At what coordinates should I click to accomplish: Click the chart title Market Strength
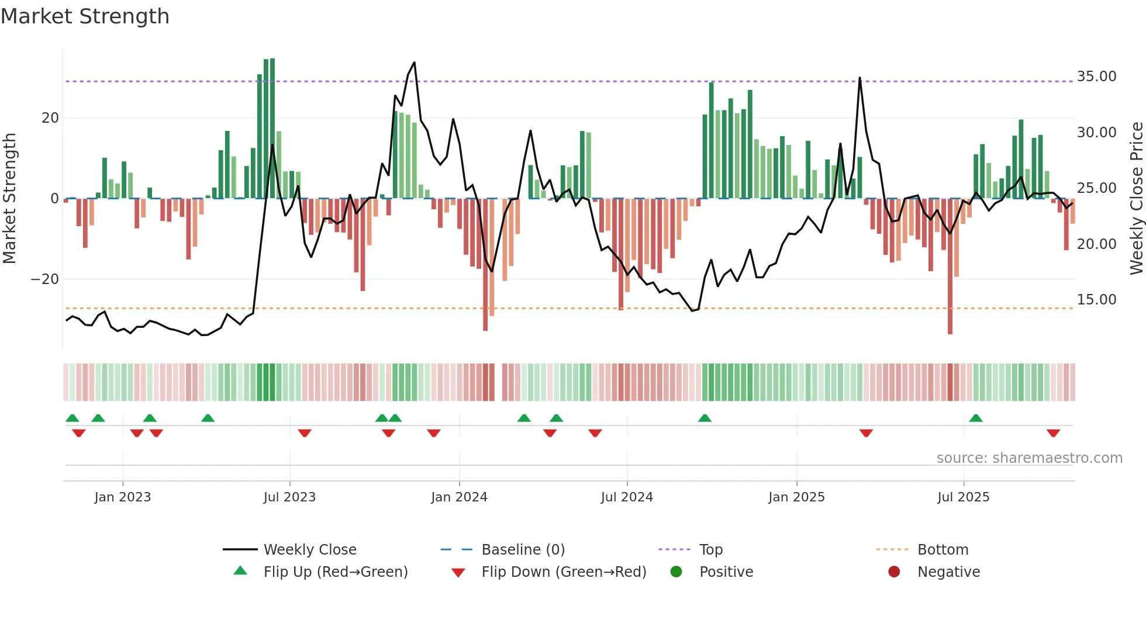(x=85, y=16)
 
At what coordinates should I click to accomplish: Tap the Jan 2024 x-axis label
(x=459, y=497)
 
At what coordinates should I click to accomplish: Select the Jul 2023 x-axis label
(x=289, y=497)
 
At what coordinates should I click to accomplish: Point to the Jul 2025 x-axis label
(x=963, y=497)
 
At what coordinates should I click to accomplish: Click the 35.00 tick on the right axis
(x=1096, y=77)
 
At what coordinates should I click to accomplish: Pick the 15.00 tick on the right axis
(x=1096, y=300)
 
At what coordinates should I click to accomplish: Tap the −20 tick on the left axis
(x=45, y=279)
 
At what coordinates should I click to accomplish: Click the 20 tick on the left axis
(x=50, y=118)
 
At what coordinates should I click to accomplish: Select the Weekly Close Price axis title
(x=1136, y=199)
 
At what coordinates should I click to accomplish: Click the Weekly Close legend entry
(x=310, y=550)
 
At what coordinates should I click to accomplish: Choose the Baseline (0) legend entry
(x=523, y=550)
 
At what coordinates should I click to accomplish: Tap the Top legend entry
(x=711, y=550)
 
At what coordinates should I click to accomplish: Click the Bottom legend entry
(x=943, y=550)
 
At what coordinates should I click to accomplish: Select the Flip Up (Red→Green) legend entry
(x=335, y=572)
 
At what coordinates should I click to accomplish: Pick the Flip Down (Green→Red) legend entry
(x=564, y=572)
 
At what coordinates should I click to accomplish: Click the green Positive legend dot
(x=676, y=572)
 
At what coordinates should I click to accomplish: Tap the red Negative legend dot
(x=894, y=572)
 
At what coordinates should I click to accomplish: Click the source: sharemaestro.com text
(x=1029, y=458)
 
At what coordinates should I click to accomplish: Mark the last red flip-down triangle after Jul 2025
(x=1053, y=433)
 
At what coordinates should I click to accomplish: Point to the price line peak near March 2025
(x=859, y=78)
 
